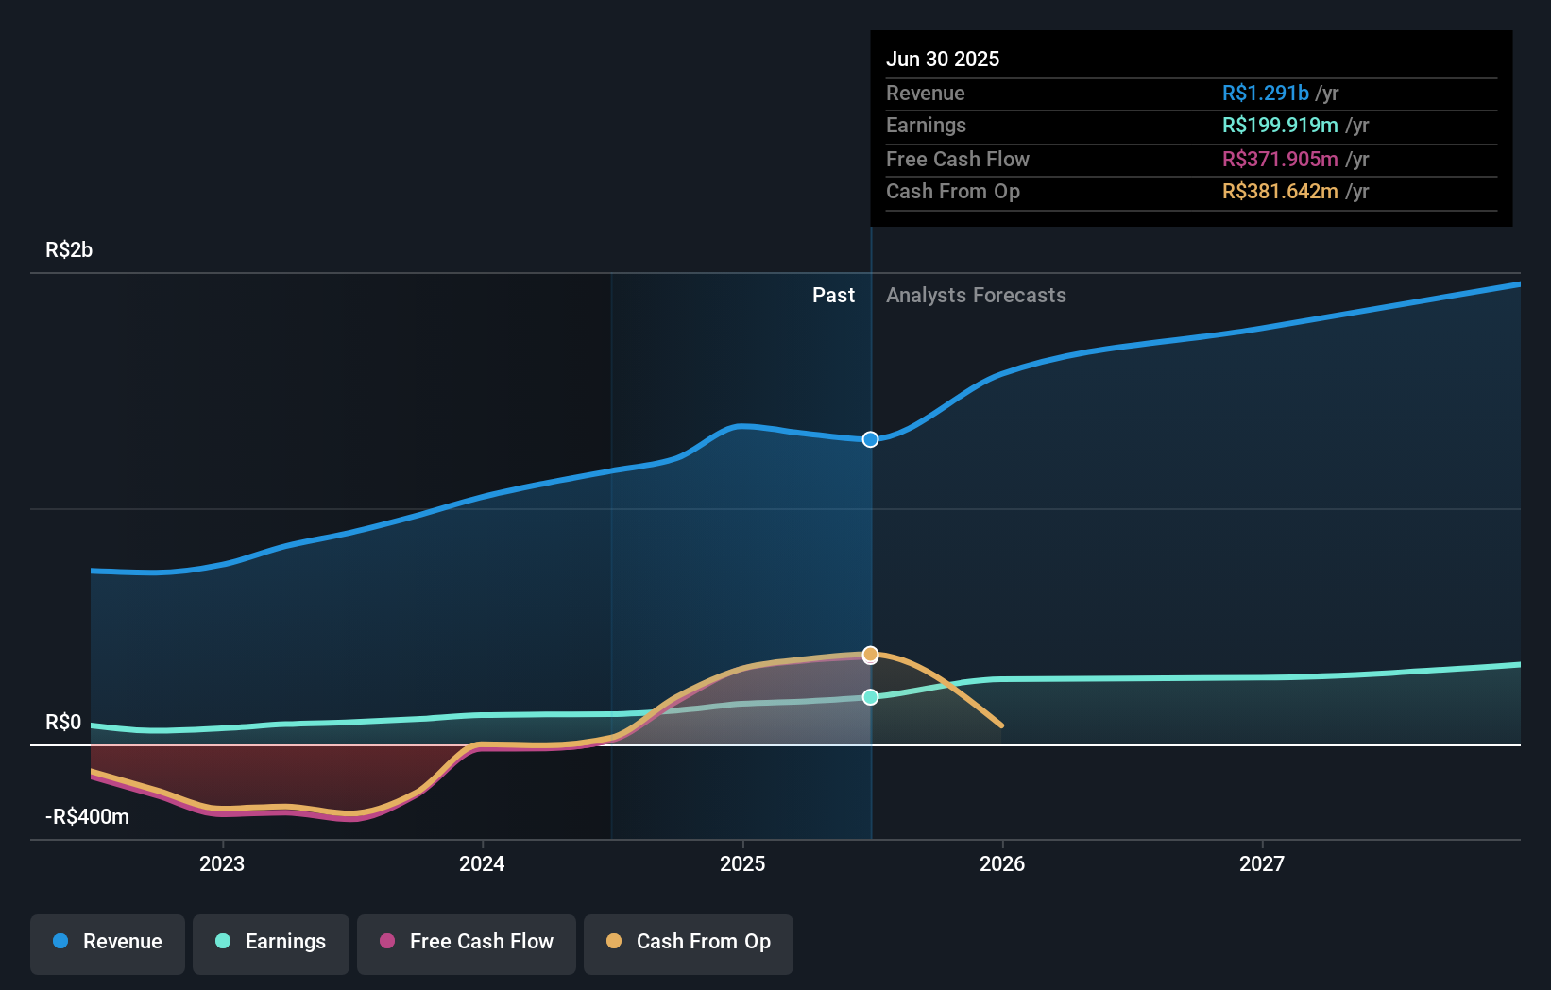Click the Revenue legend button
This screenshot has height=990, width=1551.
108,942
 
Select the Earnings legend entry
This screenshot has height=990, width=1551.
271,942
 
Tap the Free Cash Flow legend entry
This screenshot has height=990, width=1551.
467,942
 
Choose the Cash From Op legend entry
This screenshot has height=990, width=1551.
689,942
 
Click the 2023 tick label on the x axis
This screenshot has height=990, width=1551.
222,864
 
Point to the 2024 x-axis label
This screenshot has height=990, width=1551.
482,864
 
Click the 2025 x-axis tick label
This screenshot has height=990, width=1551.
742,864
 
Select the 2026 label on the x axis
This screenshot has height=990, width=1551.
1002,864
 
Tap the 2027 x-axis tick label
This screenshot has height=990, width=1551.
1262,864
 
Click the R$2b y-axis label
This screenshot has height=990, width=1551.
69,250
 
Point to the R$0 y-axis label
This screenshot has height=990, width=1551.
63,723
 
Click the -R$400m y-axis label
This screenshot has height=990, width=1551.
87,817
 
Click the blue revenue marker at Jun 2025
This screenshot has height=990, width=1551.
871,439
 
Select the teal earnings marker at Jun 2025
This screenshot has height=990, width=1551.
871,697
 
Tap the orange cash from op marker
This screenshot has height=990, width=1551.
871,655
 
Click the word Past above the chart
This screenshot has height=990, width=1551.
833,296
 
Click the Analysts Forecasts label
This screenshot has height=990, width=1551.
976,296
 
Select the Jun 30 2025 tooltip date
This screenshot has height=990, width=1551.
943,60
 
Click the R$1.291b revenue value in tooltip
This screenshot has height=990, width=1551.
1265,94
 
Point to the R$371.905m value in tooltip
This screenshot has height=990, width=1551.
1280,160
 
